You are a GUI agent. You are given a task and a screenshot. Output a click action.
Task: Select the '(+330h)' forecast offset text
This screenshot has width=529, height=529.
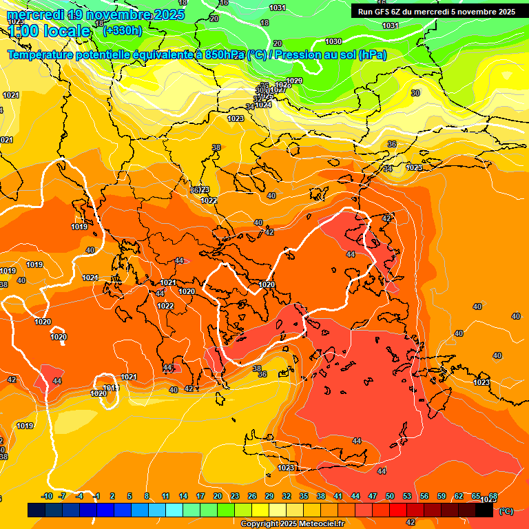pyautogui.click(x=122, y=30)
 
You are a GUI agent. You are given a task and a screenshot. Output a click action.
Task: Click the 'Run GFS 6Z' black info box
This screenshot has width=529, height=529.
pyautogui.click(x=437, y=11)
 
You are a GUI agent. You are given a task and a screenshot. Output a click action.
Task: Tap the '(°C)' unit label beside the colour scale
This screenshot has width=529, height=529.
pyautogui.click(x=506, y=511)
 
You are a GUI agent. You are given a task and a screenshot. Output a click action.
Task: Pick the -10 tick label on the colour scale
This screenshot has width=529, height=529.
pyautogui.click(x=48, y=496)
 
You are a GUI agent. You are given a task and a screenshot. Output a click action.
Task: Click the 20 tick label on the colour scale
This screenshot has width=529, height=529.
pyautogui.click(x=217, y=496)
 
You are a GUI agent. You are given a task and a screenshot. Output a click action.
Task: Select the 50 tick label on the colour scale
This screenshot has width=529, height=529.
pyautogui.click(x=390, y=496)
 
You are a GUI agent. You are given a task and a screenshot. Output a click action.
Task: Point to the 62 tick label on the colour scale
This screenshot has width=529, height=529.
pyautogui.click(x=459, y=496)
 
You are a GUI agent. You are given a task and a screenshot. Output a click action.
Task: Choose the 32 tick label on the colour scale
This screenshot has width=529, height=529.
pyautogui.click(x=287, y=496)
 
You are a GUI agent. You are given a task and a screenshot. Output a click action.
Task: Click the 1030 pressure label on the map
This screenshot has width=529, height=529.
pyautogui.click(x=333, y=42)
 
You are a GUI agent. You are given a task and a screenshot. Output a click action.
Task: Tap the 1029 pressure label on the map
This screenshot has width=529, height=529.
pyautogui.click(x=294, y=81)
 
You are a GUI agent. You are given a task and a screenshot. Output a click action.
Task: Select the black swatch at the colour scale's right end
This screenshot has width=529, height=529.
pyautogui.click(x=484, y=510)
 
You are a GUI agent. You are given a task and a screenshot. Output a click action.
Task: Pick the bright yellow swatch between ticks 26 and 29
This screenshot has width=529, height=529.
pyautogui.click(x=260, y=510)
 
